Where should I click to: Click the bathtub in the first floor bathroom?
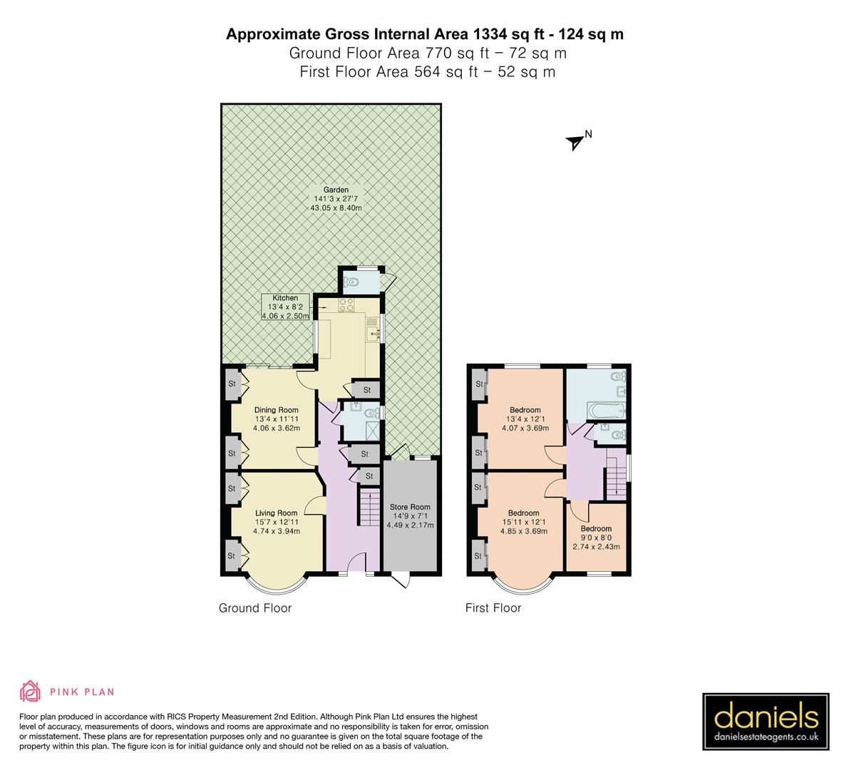tap(605, 411)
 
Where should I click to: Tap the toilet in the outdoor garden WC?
tap(352, 283)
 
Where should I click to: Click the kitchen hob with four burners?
tap(346, 305)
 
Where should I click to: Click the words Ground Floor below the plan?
tap(255, 608)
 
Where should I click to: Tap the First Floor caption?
tap(493, 608)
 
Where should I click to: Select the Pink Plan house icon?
tap(30, 691)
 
